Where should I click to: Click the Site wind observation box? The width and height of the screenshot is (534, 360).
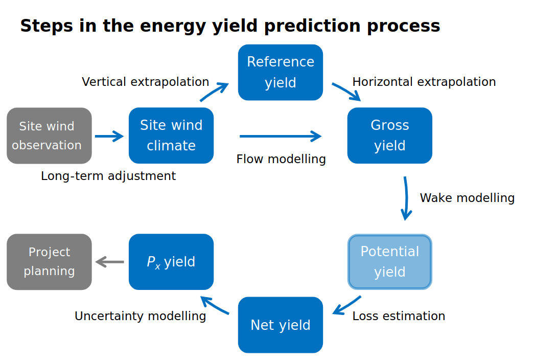coord(49,136)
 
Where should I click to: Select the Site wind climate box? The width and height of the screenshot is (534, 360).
coord(171,136)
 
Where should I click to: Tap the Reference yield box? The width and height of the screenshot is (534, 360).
coord(281,72)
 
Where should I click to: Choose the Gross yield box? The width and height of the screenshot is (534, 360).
coord(390,136)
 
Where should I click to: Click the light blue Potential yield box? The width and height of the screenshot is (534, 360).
coord(390,262)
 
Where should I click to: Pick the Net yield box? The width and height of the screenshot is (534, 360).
coord(281,325)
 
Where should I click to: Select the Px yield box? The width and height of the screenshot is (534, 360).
coord(171,262)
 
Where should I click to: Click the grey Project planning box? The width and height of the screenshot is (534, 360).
coord(49,262)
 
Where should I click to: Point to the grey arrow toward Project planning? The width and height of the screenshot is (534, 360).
coord(110,262)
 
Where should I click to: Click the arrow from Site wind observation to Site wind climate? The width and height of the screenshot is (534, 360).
coord(109,136)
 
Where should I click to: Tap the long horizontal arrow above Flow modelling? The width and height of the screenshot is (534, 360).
coord(280,136)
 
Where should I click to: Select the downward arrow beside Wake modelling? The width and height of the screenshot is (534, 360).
coord(406,198)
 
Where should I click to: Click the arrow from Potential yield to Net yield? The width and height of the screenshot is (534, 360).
coord(347,305)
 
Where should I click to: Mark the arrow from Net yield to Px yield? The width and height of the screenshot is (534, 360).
coord(214,305)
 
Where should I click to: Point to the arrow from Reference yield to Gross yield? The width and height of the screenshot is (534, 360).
coord(346,92)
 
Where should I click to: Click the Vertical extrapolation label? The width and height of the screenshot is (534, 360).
coord(145,82)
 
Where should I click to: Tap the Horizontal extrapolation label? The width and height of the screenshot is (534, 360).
coord(424,82)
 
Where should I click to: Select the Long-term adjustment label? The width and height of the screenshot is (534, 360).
coord(108,176)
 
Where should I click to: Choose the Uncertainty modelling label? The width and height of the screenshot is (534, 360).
coord(140,316)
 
